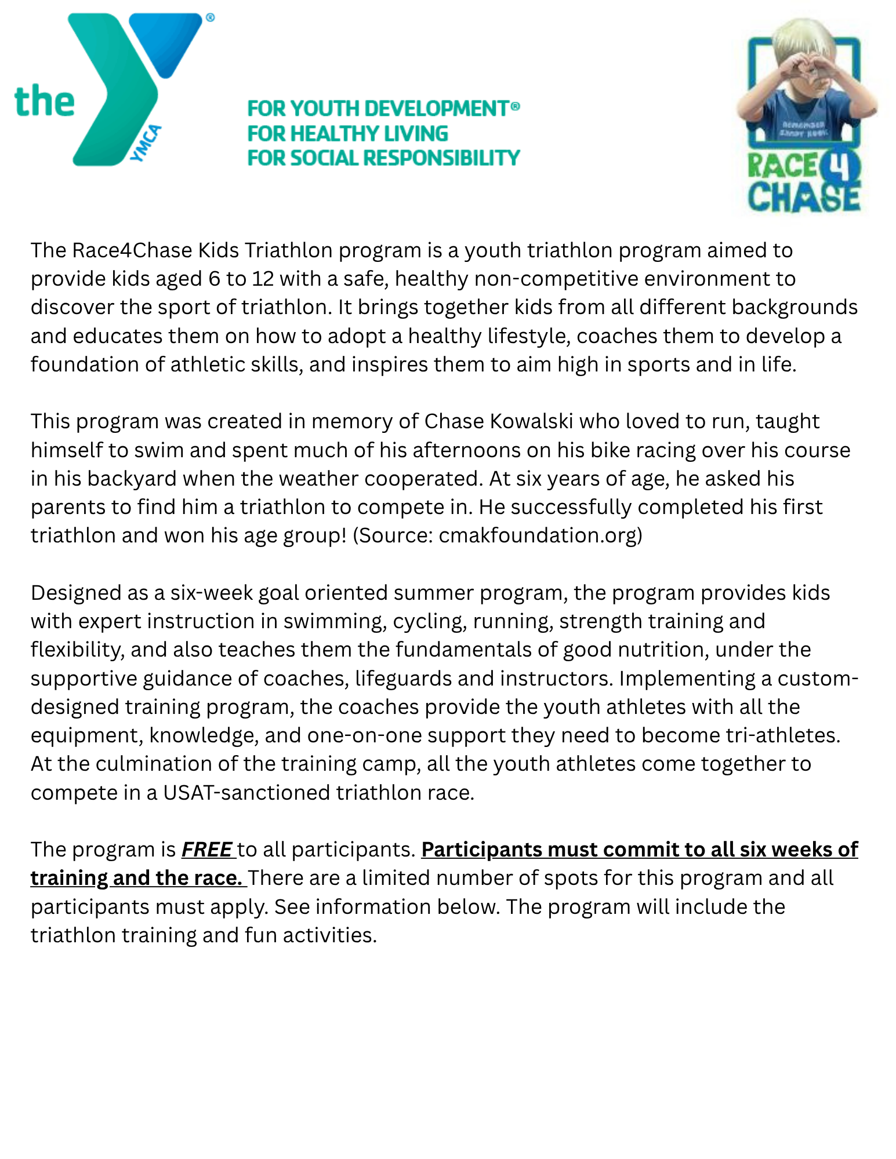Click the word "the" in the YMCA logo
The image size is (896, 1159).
(x=45, y=101)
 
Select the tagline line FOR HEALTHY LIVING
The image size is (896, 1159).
(x=347, y=134)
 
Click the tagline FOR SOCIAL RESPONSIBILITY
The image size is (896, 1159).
(x=383, y=158)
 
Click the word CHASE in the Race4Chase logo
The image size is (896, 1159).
(x=803, y=196)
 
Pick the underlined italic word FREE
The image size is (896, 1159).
(x=206, y=850)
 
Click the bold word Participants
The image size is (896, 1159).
(x=481, y=850)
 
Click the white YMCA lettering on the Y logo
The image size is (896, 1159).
(x=146, y=143)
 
